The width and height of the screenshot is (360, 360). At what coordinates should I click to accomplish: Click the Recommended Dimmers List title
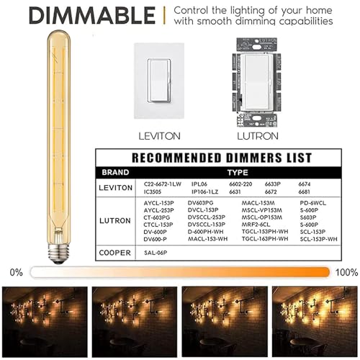(x=221, y=157)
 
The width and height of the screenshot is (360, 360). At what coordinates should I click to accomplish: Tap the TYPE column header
(x=238, y=173)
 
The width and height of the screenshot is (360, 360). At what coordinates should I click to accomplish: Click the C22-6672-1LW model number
(x=163, y=184)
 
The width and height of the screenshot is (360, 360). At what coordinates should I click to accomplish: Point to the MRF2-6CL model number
(x=258, y=225)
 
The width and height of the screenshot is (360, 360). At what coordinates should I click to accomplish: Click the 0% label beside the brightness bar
(x=15, y=272)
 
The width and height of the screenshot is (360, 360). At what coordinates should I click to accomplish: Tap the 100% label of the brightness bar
(x=346, y=272)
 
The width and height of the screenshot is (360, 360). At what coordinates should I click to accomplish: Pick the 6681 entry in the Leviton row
(x=305, y=193)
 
